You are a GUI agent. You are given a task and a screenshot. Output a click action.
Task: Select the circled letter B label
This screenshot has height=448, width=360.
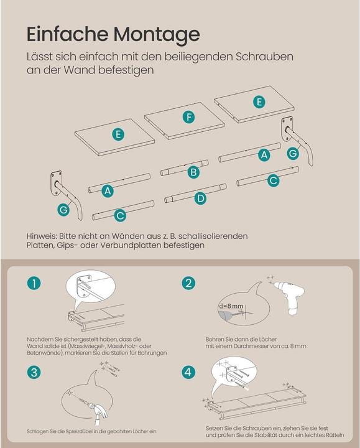[194, 172]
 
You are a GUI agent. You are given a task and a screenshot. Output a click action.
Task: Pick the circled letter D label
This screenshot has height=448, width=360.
[199, 198]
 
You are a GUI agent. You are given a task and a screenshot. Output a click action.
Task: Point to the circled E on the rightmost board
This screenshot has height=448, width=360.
[257, 100]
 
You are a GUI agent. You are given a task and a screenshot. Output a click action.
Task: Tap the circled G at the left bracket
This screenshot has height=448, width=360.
[63, 210]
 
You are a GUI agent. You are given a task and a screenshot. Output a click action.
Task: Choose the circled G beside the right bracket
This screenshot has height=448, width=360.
[292, 152]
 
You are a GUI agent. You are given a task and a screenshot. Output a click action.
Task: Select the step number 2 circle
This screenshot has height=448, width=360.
[189, 284]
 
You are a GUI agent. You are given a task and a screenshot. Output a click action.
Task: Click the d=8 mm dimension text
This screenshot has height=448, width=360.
[233, 307]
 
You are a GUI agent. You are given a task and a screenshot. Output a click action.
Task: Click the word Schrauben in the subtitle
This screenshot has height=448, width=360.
[263, 57]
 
